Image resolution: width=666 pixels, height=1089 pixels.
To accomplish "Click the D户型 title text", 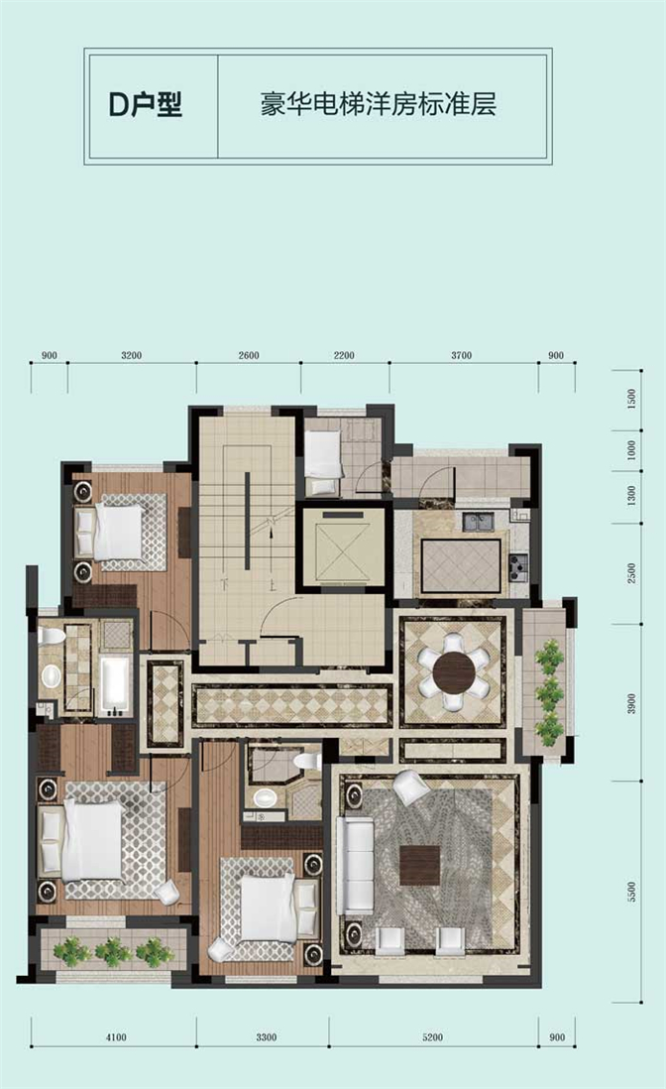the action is pyautogui.click(x=146, y=104).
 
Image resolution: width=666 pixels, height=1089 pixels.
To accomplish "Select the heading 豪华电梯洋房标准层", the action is pyautogui.click(x=379, y=104).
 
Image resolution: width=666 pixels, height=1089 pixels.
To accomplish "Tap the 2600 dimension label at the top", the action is pyautogui.click(x=249, y=356).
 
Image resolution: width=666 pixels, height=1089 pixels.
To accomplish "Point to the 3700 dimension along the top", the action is pyautogui.click(x=462, y=356).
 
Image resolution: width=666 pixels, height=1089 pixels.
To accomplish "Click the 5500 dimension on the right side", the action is pyautogui.click(x=631, y=892).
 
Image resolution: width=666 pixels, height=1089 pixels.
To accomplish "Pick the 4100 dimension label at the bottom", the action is pyautogui.click(x=116, y=1037).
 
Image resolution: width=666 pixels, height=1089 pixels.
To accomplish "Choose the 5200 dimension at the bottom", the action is pyautogui.click(x=431, y=1037).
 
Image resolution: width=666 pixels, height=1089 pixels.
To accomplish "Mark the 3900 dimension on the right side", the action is pyautogui.click(x=631, y=703).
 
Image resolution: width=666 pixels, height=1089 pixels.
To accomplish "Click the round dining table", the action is pyautogui.click(x=454, y=670).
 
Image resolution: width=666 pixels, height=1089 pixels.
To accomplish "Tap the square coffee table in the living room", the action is pyautogui.click(x=420, y=865).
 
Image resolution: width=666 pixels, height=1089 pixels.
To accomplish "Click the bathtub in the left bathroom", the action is pyautogui.click(x=115, y=685).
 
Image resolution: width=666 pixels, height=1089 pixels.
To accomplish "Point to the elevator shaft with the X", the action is pyautogui.click(x=340, y=550).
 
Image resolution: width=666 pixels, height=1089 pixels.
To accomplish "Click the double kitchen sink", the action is pyautogui.click(x=479, y=521).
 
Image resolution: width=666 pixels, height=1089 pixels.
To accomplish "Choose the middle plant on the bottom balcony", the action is pyautogui.click(x=113, y=951).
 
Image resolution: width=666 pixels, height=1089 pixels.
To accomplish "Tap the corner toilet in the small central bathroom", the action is pyautogui.click(x=304, y=760).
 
